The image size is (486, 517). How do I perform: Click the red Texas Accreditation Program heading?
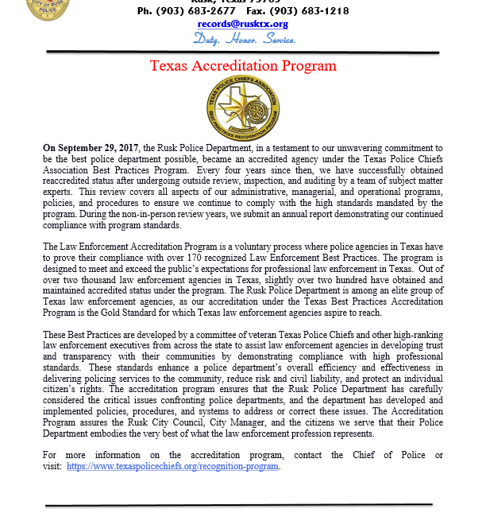(x=243, y=65)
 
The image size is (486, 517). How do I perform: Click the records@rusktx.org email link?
(x=243, y=24)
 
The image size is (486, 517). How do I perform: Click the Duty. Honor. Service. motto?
(x=245, y=38)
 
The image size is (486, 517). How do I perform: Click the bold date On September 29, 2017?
(x=93, y=149)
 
